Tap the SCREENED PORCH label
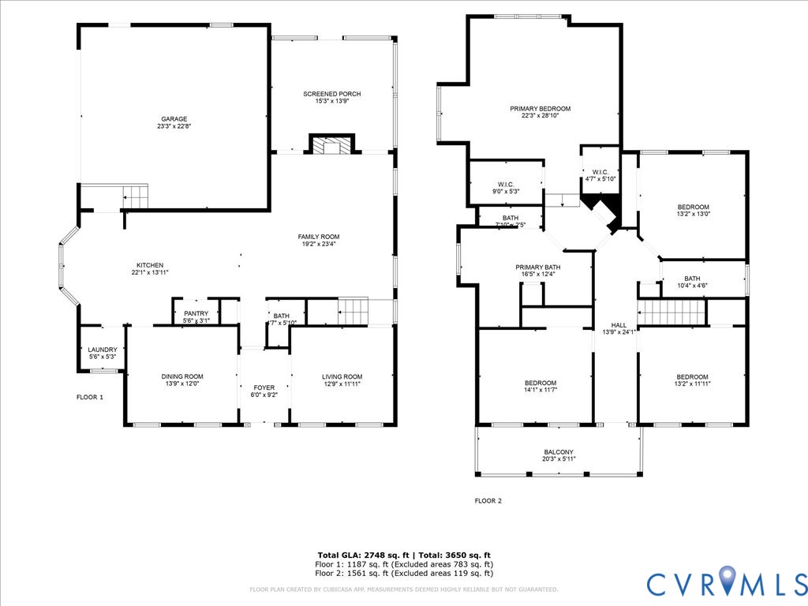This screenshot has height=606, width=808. tap(332, 94)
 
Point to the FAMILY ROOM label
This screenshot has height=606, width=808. tap(318, 237)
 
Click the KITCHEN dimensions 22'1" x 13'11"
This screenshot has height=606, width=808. tap(150, 272)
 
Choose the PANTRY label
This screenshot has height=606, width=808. tap(196, 313)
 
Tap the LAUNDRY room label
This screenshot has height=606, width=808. tap(103, 350)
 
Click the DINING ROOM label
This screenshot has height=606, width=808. tap(182, 376)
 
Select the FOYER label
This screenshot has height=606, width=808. tap(264, 387)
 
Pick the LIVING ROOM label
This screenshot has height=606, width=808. tap(342, 376)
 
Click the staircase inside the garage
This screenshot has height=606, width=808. tap(135, 194)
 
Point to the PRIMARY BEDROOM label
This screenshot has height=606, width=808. tap(540, 109)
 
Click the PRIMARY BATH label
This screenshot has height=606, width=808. tap(537, 267)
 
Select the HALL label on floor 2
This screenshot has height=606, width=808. tap(619, 324)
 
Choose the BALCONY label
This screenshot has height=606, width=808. tap(558, 452)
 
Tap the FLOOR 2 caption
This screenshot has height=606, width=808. tap(488, 500)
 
